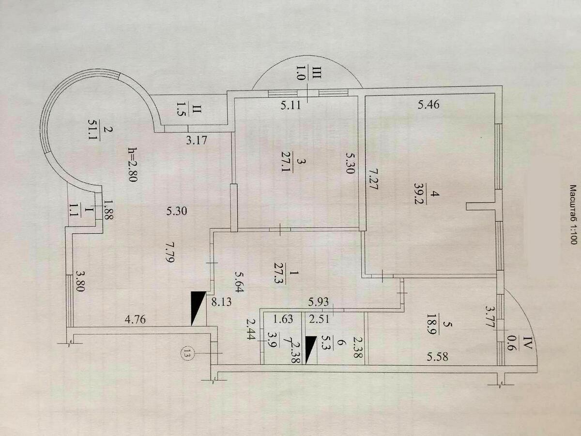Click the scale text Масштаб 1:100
pos(573,215)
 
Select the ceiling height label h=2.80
pos(132,164)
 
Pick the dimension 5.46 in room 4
pos(428,104)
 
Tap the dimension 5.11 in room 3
pos(290,105)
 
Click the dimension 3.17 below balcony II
pos(197,140)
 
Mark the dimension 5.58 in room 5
pos(438,357)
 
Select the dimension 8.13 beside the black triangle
pos(221,302)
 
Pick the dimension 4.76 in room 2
pos(135,319)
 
